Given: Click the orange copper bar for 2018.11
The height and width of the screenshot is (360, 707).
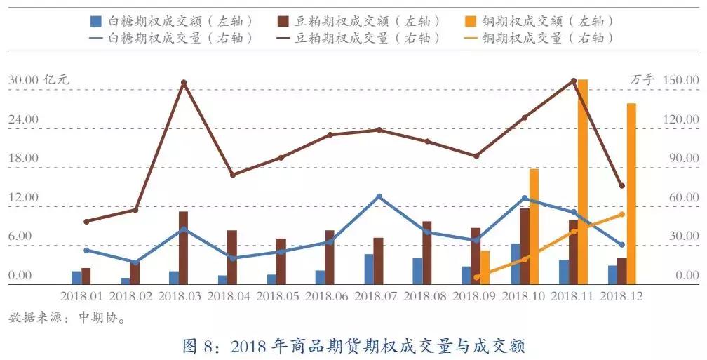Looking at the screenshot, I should pyautogui.click(x=583, y=182).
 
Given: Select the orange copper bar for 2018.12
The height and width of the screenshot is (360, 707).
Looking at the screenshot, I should pyautogui.click(x=631, y=194).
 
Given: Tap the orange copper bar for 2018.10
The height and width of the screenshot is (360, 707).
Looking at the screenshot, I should pyautogui.click(x=534, y=226).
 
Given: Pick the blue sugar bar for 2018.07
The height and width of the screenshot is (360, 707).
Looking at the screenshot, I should pyautogui.click(x=369, y=269).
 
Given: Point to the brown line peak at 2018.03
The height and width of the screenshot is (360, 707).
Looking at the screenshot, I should pyautogui.click(x=184, y=83).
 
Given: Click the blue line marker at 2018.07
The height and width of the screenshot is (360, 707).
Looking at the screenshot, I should pyautogui.click(x=379, y=196).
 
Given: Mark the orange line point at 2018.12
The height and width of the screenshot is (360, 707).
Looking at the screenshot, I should pyautogui.click(x=622, y=215).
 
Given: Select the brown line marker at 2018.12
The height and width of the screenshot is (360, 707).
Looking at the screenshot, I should pyautogui.click(x=622, y=186).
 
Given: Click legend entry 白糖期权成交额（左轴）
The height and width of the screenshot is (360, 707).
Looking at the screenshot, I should pyautogui.click(x=172, y=21).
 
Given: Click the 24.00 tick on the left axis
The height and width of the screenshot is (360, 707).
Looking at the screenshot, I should pyautogui.click(x=23, y=119).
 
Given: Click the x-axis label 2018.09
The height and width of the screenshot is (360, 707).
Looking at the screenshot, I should pyautogui.click(x=476, y=297).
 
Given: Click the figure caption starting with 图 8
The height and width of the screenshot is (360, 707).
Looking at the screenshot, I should pyautogui.click(x=353, y=345).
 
